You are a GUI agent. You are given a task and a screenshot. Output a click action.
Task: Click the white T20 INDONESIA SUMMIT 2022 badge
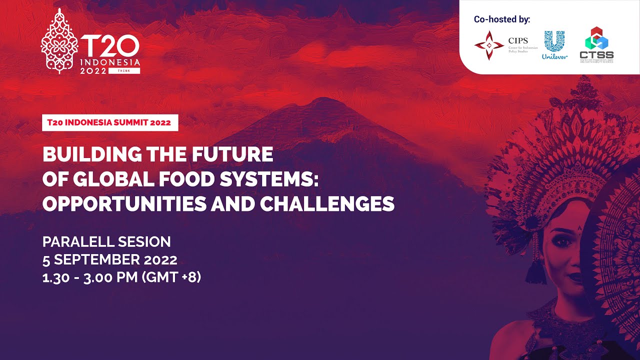[110, 122]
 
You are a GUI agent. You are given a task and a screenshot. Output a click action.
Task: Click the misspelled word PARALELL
[78, 242]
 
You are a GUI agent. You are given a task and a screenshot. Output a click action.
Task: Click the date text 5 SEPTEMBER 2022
[109, 260]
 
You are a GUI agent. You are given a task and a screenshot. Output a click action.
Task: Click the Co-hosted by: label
[502, 19]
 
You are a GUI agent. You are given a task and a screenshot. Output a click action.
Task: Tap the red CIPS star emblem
[489, 45]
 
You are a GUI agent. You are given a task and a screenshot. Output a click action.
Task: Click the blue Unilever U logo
[554, 41]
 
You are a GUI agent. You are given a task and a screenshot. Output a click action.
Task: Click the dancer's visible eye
[561, 240]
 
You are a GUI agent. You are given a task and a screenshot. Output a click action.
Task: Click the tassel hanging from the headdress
[536, 270]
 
